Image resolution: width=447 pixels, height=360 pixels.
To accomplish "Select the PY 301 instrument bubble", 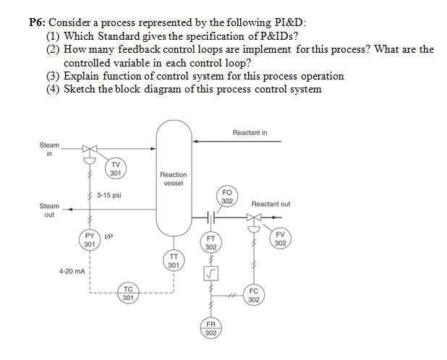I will (89, 239).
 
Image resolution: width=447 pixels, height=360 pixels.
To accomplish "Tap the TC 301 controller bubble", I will (127, 293).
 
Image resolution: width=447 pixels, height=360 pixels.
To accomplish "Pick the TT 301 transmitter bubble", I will (174, 260).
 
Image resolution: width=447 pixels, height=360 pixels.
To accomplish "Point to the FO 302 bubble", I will (226, 197).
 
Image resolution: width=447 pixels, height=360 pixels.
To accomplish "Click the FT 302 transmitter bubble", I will (211, 242).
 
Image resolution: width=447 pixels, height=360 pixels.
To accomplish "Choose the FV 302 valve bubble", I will (281, 239).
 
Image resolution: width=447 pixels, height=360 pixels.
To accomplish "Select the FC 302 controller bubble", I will (253, 295).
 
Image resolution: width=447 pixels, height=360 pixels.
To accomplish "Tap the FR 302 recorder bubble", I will (211, 329).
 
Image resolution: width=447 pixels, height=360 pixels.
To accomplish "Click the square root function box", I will (211, 273).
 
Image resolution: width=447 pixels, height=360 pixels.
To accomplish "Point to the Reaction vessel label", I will (174, 179).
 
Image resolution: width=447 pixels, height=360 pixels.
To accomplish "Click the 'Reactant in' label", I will (250, 132).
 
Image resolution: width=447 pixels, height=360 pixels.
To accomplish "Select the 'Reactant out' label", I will (271, 204).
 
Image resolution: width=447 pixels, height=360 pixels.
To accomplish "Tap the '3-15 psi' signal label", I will (108, 195).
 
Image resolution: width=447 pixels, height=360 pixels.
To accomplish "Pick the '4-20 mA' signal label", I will (72, 271).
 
